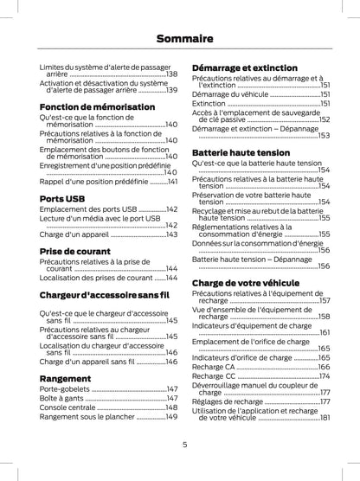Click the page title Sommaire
point(179,38)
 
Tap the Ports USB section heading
point(62,198)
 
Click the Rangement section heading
point(65,378)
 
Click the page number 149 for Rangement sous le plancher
point(171,417)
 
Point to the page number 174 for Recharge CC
point(324,376)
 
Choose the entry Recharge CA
point(214,367)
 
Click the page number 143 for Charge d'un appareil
point(171,234)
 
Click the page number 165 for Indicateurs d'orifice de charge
point(324,356)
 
